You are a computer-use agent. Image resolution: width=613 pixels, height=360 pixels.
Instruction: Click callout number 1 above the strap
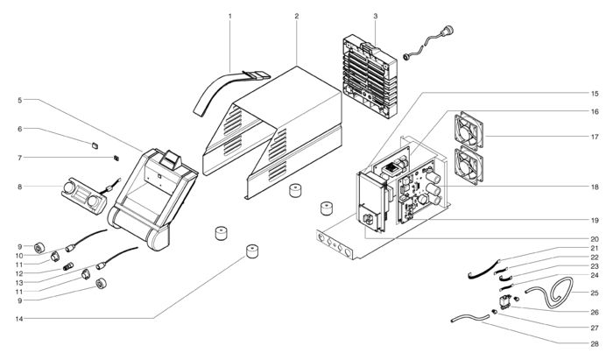[x=229, y=16]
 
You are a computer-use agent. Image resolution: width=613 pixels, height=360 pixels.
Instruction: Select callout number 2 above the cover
[x=297, y=16]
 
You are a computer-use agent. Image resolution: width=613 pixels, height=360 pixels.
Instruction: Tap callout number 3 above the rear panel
[x=376, y=16]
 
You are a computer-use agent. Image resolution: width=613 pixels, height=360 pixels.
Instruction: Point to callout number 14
[x=19, y=319]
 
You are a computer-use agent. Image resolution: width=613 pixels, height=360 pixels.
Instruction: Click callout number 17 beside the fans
[x=595, y=137]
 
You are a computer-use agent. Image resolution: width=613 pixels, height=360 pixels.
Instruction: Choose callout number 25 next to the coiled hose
[x=595, y=293]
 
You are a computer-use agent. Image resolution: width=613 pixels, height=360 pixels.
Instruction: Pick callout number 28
[x=595, y=344]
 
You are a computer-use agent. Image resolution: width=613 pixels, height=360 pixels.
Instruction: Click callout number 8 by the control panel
[x=20, y=187]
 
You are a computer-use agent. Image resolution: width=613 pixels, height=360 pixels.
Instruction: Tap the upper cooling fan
[x=469, y=131]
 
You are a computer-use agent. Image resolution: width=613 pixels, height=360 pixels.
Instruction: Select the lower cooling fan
[x=469, y=166]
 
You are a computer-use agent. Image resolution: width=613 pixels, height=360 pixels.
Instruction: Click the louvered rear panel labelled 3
[x=370, y=77]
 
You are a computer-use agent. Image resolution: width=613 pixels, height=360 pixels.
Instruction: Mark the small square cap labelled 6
[x=95, y=145]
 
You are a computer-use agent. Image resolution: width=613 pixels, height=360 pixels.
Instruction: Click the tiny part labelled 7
[x=116, y=158]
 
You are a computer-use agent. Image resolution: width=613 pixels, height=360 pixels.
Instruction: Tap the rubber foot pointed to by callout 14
[x=252, y=251]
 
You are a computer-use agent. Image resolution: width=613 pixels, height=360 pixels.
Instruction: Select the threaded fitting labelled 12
[x=68, y=267]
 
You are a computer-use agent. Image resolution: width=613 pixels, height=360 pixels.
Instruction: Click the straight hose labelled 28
[x=470, y=317]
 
